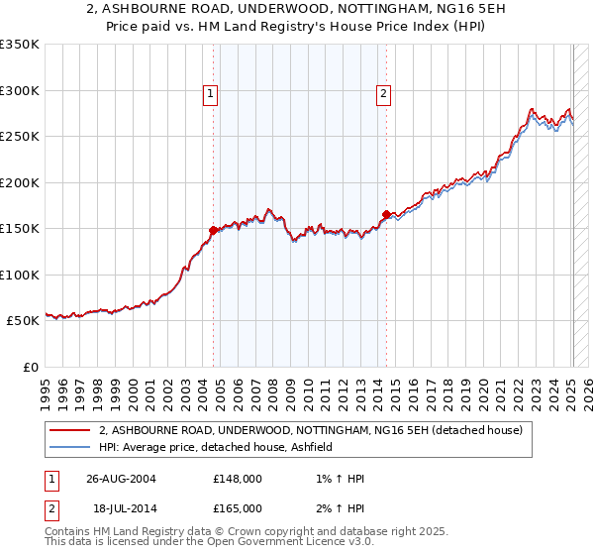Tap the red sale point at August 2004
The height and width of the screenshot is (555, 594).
[x=214, y=230]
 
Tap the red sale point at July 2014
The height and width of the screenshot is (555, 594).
[x=386, y=214]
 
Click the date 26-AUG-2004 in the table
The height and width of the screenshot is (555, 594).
[x=121, y=479]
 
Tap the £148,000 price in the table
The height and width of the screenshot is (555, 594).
[x=238, y=479]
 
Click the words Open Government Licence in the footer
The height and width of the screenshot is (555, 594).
[x=257, y=542]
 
